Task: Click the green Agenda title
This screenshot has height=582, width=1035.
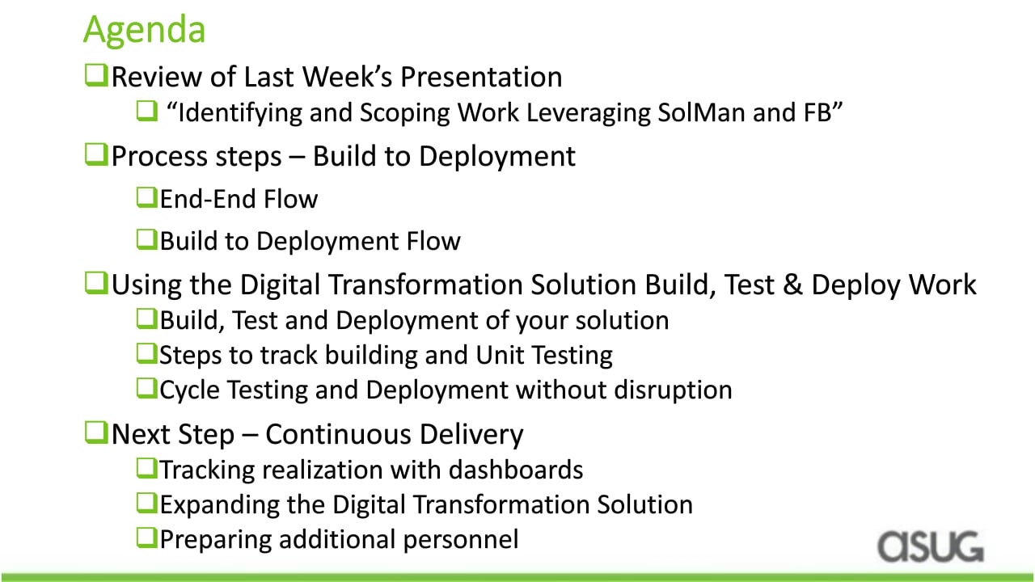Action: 144,31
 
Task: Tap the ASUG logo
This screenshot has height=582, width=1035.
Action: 931,547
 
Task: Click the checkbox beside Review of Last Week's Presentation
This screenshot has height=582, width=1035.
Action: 96,75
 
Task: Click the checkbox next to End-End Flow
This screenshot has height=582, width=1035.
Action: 147,198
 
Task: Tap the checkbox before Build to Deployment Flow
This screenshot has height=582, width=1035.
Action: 147,240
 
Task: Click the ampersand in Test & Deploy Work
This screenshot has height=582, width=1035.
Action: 792,284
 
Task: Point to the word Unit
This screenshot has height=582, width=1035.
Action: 500,355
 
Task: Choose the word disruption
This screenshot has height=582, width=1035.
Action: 674,390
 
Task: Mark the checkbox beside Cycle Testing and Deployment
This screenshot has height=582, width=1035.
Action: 147,388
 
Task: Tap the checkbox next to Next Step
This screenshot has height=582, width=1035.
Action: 96,432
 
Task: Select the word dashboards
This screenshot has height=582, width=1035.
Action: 516,470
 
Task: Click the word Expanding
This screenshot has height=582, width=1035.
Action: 219,505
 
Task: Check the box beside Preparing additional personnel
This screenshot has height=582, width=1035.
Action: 147,538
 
